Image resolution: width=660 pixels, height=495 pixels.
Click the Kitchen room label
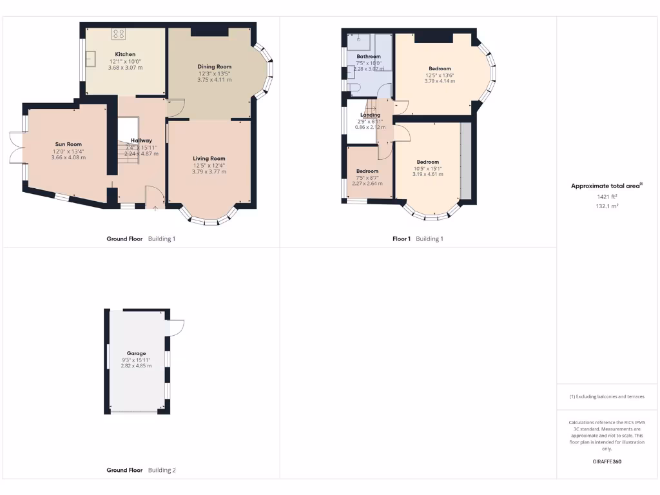124,54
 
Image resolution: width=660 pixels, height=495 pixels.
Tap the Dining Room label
214,66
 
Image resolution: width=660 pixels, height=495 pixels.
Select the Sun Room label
68,144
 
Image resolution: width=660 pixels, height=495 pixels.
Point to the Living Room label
209,158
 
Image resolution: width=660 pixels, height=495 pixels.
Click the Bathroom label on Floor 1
369,57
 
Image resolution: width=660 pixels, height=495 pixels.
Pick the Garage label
136,353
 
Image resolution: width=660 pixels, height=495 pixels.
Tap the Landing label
370,115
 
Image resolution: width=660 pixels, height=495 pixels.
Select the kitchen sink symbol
90,58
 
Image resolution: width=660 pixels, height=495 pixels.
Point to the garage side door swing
177,327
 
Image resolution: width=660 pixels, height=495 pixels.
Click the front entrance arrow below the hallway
155,208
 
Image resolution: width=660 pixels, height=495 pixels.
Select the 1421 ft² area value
607,197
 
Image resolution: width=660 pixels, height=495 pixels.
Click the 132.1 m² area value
607,206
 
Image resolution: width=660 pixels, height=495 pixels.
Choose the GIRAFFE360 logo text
607,461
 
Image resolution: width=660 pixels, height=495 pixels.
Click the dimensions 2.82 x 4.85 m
136,366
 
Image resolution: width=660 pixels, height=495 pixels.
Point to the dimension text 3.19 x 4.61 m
427,175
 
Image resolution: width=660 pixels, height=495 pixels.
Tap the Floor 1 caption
401,238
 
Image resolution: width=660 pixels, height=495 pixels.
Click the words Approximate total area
605,186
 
